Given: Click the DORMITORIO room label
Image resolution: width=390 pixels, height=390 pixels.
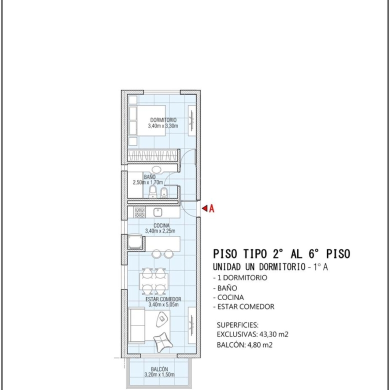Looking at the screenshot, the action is click(x=163, y=120).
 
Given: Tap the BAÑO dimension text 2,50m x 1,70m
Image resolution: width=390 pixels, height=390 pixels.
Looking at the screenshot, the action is click(x=147, y=182).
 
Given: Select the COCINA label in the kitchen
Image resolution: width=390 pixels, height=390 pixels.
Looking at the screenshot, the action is click(x=161, y=225).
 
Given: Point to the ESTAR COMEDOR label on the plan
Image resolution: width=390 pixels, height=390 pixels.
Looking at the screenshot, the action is click(x=163, y=299).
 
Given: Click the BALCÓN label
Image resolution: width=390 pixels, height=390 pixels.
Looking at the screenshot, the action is click(x=159, y=369).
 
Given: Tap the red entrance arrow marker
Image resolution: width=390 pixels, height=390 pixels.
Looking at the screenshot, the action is click(x=204, y=208).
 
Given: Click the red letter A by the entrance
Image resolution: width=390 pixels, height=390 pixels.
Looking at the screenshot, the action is click(x=211, y=208).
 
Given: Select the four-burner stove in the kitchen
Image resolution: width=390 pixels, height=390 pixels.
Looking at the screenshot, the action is click(x=139, y=212).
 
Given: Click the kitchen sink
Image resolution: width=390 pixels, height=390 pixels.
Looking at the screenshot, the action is click(x=158, y=212).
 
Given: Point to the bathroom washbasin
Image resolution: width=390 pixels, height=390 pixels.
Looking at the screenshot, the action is click(x=156, y=170).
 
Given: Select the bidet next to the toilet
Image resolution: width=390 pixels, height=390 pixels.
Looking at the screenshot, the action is click(x=163, y=192).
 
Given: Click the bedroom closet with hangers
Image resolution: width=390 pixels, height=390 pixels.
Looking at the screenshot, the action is click(x=152, y=155).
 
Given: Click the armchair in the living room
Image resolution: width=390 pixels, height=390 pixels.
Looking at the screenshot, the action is click(x=163, y=342).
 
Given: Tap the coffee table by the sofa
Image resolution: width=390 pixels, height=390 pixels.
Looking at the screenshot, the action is click(x=162, y=319).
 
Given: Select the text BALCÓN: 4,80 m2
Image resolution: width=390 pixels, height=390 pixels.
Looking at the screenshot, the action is click(x=244, y=345).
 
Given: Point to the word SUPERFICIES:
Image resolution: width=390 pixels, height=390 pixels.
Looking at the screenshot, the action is click(x=237, y=325).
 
